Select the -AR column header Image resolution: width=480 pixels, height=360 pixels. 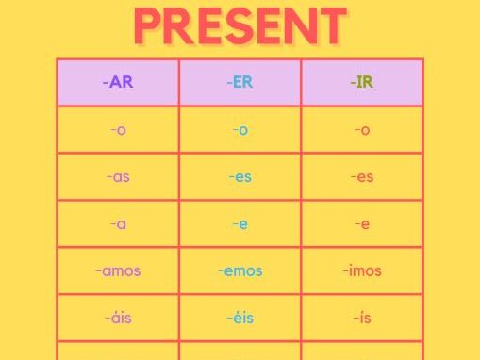[118, 82]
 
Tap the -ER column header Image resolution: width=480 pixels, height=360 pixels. [240, 82]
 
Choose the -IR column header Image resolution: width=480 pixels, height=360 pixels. [362, 82]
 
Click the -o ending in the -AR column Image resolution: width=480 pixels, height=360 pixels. [118, 130]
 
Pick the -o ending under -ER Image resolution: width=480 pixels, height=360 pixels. [240, 130]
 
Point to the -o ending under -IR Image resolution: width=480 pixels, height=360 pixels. [362, 130]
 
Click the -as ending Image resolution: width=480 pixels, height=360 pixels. [118, 177]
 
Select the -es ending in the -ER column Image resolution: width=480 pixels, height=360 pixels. [240, 177]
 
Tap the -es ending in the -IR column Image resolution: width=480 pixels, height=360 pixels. [362, 177]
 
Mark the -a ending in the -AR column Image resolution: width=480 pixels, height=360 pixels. [118, 224]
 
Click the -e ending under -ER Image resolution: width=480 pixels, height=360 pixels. [240, 224]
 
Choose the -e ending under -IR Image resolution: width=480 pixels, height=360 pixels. [362, 224]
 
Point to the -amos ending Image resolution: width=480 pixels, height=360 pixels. [118, 271]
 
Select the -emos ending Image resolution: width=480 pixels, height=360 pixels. [240, 271]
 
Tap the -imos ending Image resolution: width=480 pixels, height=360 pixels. [362, 271]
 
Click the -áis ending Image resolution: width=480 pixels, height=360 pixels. [118, 318]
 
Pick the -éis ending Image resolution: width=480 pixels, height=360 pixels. [240, 318]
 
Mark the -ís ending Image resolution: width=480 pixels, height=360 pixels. [362, 318]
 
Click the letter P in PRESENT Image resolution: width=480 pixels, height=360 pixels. [150, 26]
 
